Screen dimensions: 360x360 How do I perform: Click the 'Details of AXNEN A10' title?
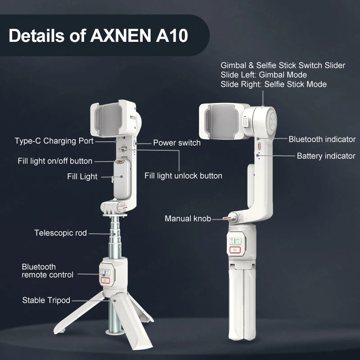[98, 36]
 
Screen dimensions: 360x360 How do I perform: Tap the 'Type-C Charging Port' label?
[54, 141]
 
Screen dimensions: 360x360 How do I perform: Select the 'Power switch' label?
[176, 143]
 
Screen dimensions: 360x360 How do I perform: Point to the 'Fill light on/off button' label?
[55, 161]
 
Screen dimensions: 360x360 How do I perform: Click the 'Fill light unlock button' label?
[183, 175]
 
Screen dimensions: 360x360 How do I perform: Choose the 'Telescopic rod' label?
[60, 233]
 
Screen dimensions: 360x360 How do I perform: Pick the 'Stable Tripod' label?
[46, 300]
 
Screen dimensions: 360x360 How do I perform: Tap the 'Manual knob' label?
[188, 219]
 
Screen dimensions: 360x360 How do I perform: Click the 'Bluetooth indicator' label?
[322, 139]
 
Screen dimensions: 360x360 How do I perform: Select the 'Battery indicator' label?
[326, 156]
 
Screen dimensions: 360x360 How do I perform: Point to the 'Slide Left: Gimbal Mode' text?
[263, 75]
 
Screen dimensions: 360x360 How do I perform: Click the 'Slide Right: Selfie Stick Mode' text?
[274, 84]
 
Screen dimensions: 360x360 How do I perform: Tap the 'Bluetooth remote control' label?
[47, 270]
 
